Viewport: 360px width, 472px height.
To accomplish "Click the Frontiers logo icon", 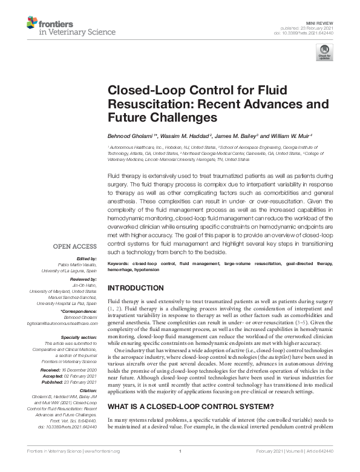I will (x=32, y=23).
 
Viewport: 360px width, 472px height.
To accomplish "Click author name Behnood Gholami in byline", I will (x=131, y=135).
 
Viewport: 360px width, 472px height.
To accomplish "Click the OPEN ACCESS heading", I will (x=75, y=246).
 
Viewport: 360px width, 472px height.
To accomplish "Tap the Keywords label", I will (x=118, y=264).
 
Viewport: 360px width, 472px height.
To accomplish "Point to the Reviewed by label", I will (x=82, y=280).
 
